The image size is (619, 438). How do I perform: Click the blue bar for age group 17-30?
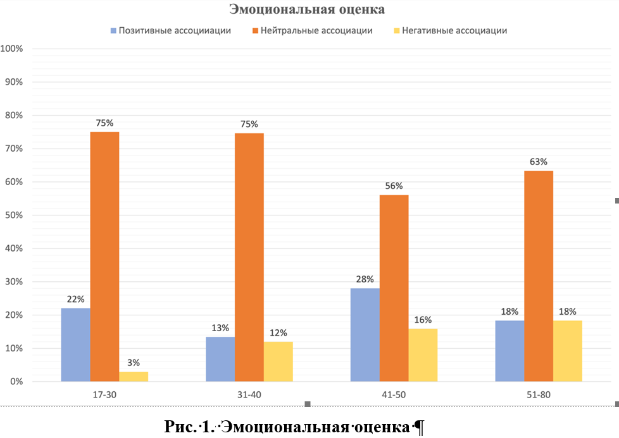point(75,344)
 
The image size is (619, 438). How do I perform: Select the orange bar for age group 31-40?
point(249,257)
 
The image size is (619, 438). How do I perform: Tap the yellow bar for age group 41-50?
point(423,355)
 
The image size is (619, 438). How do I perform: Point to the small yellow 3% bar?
point(134,377)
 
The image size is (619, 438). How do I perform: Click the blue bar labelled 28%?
point(365,334)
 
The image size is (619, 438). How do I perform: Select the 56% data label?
point(394,186)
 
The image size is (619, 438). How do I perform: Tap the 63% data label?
point(539,162)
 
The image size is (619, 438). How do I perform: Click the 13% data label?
point(220,327)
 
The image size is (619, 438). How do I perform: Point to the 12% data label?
point(278,332)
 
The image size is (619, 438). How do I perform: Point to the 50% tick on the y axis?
point(13,215)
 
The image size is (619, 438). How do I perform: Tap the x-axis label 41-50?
point(394,394)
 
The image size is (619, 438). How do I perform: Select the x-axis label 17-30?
point(104,394)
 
